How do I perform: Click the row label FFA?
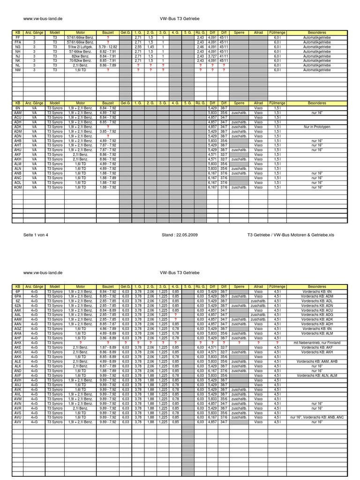pos(18,42)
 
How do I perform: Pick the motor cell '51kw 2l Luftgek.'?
pos(81,46)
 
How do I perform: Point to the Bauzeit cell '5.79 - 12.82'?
pos(108,46)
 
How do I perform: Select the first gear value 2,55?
pos(138,46)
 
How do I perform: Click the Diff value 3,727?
pos(212,56)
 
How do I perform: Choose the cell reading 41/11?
pos(224,56)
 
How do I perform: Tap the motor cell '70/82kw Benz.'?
pos(81,60)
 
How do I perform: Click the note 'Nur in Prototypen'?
pos(317,127)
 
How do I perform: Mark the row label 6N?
pos(18,108)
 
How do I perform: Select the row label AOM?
pos(18,187)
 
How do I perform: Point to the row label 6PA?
pos(18,296)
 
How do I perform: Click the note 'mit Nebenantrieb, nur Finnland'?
pos(317,343)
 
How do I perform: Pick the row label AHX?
pos(18,343)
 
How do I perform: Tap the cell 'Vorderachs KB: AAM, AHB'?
pos(317,361)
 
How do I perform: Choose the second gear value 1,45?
pos(151,46)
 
